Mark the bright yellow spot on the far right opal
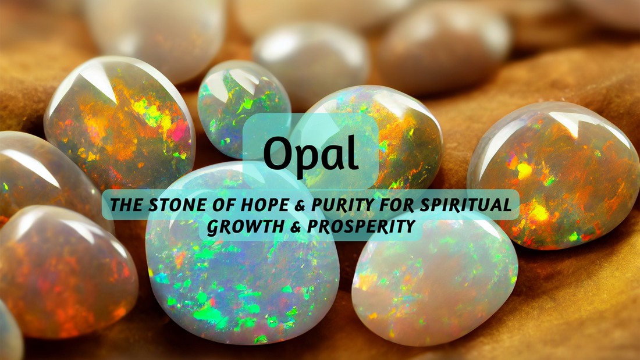point(524,170)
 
